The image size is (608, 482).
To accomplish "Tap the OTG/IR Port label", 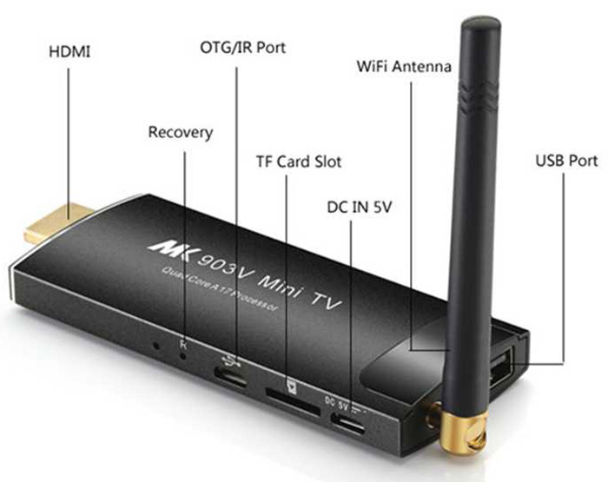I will point(242,47).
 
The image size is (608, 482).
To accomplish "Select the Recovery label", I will point(181,133).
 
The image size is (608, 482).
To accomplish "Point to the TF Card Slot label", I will point(299,162).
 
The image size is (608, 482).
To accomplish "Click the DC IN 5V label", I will point(352,208).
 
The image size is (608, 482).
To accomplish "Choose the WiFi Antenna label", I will point(405,66).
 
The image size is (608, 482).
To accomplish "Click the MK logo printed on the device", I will point(164,246).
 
